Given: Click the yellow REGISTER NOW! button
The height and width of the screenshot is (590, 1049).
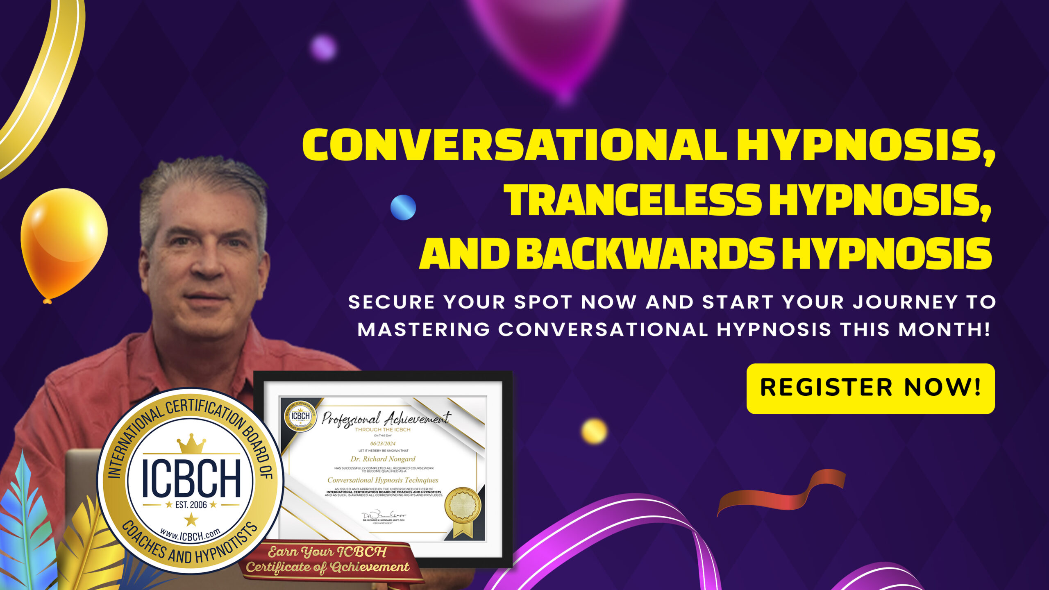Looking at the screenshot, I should click(870, 388).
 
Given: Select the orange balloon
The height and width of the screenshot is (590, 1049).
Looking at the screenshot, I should click(63, 242).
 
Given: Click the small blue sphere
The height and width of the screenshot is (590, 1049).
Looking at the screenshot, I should click(403, 207).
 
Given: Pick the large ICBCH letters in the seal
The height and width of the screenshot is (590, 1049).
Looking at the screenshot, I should click(191, 478).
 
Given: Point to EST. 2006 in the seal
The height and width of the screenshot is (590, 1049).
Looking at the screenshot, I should click(191, 505).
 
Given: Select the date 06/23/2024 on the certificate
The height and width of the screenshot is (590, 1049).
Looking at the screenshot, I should click(383, 443).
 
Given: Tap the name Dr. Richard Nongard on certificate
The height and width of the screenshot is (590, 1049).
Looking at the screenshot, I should click(383, 459).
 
